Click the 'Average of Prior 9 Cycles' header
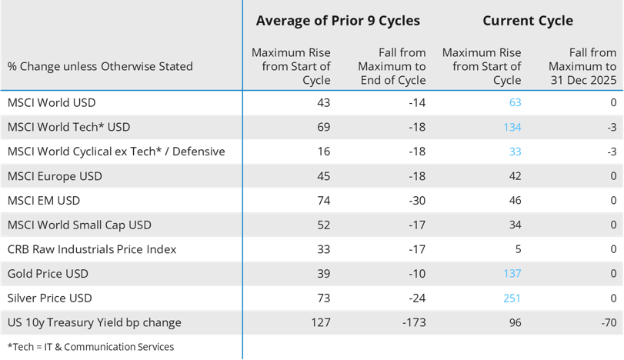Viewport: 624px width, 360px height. tap(338, 21)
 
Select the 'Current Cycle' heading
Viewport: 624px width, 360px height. tap(527, 21)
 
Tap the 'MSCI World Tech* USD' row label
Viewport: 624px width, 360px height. tap(68, 127)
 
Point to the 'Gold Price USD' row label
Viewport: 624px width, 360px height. tap(48, 274)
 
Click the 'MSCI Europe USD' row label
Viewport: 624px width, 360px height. tap(55, 176)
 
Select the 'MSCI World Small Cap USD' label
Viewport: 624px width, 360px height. tap(79, 225)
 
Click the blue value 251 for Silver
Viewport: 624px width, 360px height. tap(511, 298)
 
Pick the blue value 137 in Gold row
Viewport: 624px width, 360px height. tap(512, 274)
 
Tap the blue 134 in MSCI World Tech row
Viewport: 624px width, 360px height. tap(512, 127)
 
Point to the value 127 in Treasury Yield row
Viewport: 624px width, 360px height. tap(320, 323)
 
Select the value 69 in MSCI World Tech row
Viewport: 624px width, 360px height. tap(323, 127)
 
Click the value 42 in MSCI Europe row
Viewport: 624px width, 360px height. tap(514, 176)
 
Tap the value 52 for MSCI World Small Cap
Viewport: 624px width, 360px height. tap(323, 225)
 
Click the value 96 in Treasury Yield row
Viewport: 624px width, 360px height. tap(514, 323)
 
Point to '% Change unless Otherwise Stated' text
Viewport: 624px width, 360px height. tap(100, 67)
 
